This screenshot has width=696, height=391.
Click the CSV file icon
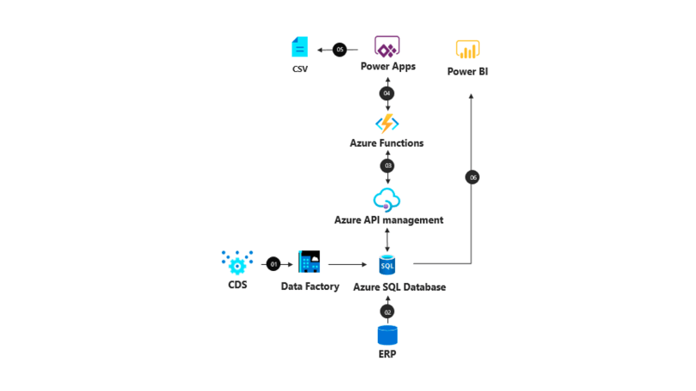point(298,47)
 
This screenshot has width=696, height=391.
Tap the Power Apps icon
point(387,47)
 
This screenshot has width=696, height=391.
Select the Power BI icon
point(467,50)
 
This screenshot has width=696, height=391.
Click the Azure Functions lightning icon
point(387,123)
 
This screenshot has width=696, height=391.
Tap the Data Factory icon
point(309,263)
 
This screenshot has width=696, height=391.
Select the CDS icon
point(237,262)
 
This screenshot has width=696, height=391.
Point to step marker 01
point(274,264)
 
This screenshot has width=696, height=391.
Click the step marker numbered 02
point(387,311)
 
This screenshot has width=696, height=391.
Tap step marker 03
point(387,165)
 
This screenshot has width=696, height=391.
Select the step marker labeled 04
point(387,93)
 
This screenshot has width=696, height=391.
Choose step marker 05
point(340,50)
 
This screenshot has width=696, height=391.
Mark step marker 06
point(472,177)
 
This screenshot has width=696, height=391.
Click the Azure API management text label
point(388,220)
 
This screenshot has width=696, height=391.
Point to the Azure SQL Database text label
point(399,287)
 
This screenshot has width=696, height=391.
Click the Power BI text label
point(468,72)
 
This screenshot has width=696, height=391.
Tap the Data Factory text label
point(310,287)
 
